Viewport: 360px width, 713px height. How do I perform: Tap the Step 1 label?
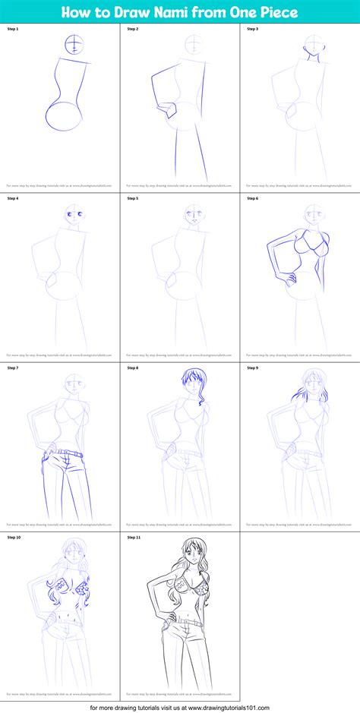coord(12,29)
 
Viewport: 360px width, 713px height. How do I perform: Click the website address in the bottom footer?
coord(217,705)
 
